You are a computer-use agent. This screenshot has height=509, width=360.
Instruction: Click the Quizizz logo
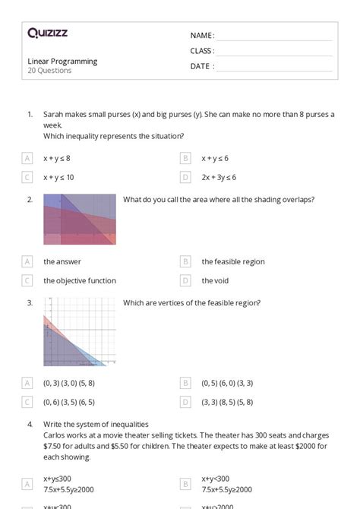click(47, 33)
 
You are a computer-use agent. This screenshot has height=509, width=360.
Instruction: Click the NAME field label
click(202, 36)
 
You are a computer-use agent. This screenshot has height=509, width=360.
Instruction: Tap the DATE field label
click(202, 66)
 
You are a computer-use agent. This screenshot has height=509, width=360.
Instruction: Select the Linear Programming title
click(62, 62)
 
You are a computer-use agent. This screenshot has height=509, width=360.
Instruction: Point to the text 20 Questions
click(49, 71)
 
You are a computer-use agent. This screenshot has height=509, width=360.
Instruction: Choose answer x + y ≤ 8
click(57, 158)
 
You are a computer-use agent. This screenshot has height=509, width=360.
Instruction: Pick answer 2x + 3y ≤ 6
click(219, 178)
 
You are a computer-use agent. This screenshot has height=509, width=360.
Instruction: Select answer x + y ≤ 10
click(58, 178)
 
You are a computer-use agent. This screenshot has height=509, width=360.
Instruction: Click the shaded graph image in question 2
click(80, 219)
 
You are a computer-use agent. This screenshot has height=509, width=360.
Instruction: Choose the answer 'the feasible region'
click(233, 261)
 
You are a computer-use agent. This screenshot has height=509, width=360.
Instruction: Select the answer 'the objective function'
click(80, 280)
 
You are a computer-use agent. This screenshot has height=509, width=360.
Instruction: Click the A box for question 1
click(27, 158)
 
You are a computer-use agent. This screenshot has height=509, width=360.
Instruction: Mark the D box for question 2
click(185, 280)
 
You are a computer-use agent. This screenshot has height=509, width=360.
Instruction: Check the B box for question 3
click(185, 383)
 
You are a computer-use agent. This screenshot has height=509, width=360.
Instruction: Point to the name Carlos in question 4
click(55, 435)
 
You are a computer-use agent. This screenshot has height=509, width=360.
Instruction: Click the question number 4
click(30, 424)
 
